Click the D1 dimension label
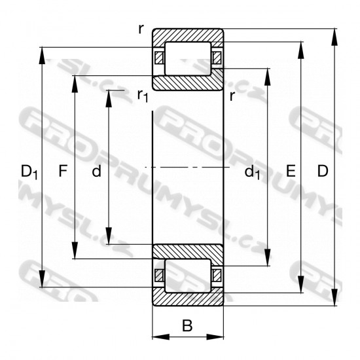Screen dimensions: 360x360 (x=29, y=171)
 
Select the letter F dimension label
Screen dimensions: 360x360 (x=63, y=171)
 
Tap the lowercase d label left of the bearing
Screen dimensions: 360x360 (x=96, y=171)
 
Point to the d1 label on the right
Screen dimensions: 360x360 (x=252, y=172)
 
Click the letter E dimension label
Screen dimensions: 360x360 (x=291, y=171)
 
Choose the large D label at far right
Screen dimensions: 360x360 (x=323, y=171)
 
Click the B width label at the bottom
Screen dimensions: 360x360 (x=187, y=325)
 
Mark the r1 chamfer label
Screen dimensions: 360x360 (x=143, y=96)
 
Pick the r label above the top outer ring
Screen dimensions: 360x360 (x=141, y=29)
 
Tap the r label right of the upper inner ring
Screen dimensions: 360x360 (x=232, y=96)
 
